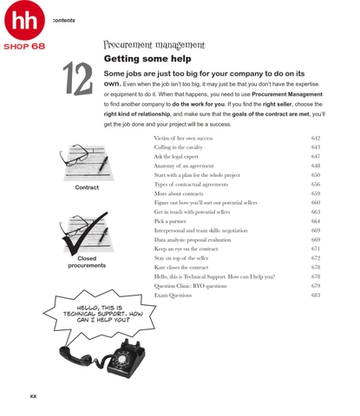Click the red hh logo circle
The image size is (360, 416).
(24, 20)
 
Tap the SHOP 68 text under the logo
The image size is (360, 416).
(24, 46)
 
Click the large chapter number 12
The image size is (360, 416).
(78, 79)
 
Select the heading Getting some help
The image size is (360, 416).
(147, 59)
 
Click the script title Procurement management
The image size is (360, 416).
(154, 45)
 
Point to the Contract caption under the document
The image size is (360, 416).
(87, 187)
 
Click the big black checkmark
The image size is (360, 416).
(84, 233)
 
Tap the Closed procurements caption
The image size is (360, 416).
(87, 262)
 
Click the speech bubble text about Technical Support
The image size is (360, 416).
(102, 314)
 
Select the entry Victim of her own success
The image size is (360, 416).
(183, 138)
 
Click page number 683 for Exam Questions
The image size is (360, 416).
(316, 295)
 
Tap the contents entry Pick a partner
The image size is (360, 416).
(170, 221)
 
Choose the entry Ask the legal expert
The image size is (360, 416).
(176, 157)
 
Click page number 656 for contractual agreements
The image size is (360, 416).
(316, 184)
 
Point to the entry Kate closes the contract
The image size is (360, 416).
(181, 267)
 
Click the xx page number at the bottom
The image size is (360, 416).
(33, 396)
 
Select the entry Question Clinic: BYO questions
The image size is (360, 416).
(191, 286)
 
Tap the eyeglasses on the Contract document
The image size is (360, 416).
(75, 154)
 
